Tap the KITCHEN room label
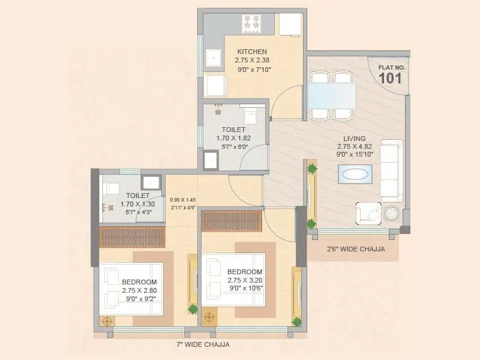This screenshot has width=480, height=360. click(252, 52)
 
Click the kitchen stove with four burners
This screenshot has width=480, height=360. click(251, 23)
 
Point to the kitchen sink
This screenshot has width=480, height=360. click(213, 58)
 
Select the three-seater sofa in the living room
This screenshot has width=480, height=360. click(392, 169)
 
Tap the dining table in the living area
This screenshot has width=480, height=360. click(331, 95)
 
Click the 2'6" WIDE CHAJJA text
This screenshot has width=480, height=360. click(356, 249)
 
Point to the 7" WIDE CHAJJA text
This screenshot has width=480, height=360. click(203, 344)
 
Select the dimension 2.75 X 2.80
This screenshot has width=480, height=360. click(139, 290)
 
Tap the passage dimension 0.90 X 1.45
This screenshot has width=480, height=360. click(182, 200)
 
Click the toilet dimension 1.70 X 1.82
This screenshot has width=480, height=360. click(233, 138)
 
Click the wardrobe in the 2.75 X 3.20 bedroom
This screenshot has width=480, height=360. click(231, 221)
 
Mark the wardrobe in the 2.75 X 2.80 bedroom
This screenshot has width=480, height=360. click(131, 237)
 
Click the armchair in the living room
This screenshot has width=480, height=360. click(368, 214)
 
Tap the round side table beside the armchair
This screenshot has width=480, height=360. click(392, 214)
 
